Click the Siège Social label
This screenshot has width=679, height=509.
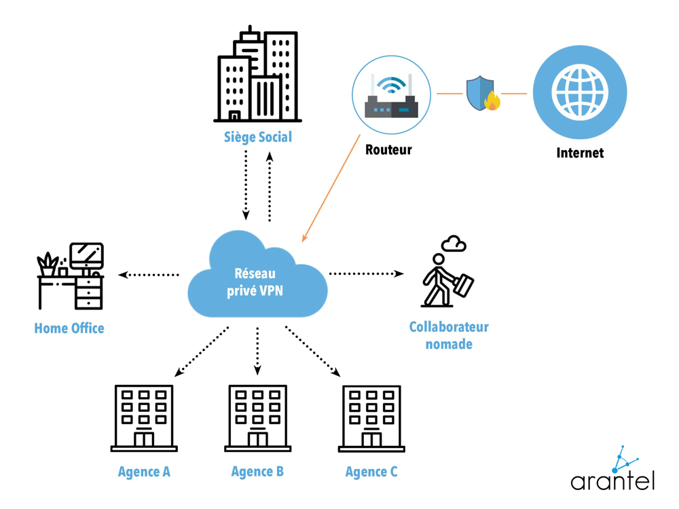(258, 137)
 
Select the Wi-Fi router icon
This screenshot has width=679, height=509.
(391, 95)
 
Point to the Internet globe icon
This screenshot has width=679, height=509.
(580, 92)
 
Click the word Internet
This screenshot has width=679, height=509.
(580, 153)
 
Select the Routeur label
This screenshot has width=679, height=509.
(388, 150)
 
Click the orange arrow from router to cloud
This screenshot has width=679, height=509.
(331, 188)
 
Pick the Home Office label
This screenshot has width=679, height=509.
(69, 328)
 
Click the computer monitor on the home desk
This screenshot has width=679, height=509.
(87, 256)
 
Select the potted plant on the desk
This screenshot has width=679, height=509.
(48, 265)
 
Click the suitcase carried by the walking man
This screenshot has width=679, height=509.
(463, 284)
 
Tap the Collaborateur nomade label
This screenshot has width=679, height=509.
(449, 335)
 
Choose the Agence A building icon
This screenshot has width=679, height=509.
(144, 417)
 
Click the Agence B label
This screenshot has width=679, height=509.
(257, 472)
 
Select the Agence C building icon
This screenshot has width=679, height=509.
(371, 418)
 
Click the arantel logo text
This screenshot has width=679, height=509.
(612, 482)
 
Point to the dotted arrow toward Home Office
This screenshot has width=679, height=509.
(149, 275)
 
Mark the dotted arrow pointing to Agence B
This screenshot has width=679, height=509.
(257, 350)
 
